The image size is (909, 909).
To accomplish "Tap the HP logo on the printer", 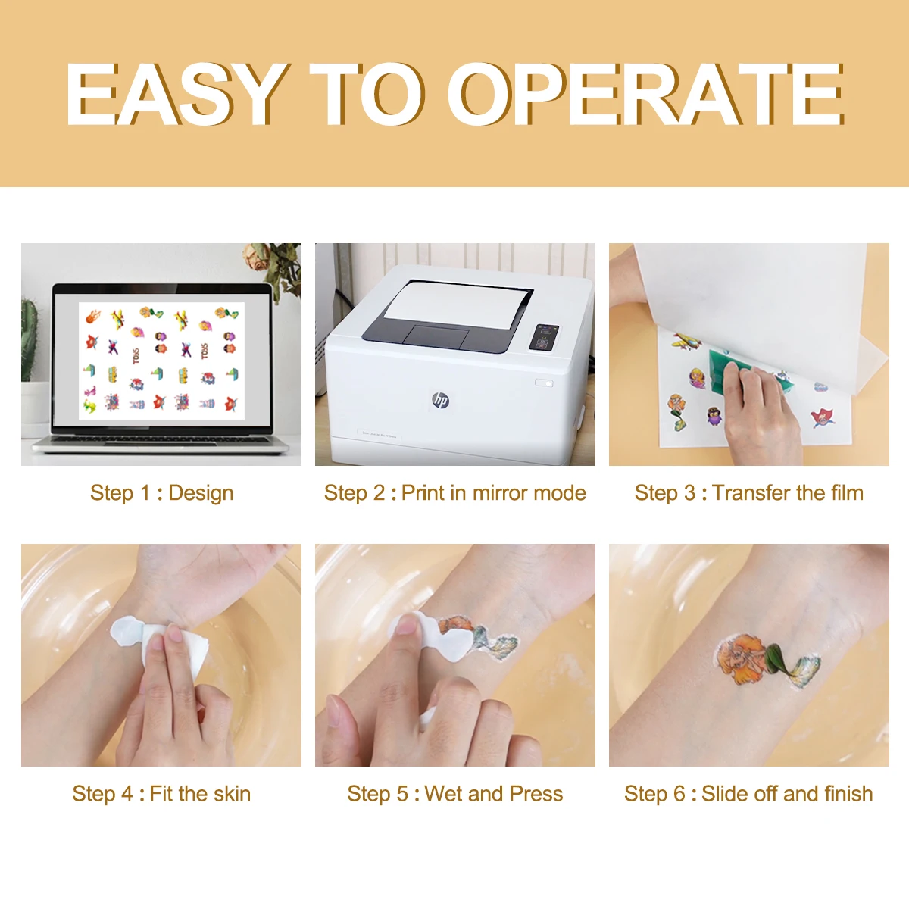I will point(440,400).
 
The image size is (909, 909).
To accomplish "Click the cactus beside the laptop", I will point(29,341).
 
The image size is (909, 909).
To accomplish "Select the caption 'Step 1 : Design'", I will point(161,493).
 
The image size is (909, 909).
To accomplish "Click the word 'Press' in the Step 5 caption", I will point(536,794).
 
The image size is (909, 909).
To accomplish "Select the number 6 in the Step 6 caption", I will point(679,794).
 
